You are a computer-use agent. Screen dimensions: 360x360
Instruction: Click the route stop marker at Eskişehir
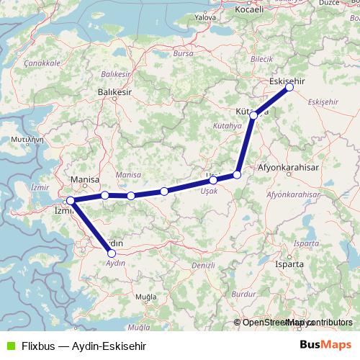click(x=289, y=87)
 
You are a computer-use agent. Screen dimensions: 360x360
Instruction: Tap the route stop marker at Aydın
click(x=111, y=253)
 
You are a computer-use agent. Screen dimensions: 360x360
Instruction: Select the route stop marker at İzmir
click(x=71, y=201)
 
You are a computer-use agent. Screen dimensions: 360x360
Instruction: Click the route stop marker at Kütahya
click(x=253, y=115)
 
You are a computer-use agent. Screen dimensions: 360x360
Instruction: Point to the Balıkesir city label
click(x=114, y=92)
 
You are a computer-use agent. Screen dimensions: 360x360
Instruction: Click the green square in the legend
click(x=9, y=346)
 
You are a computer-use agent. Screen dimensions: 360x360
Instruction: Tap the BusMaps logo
click(x=326, y=345)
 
